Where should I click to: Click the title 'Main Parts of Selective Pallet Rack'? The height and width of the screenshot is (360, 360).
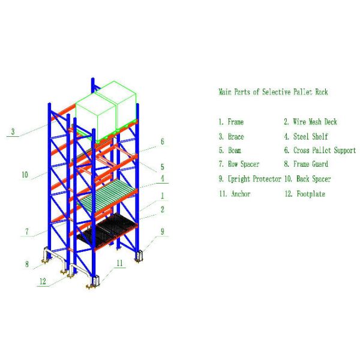[273, 92]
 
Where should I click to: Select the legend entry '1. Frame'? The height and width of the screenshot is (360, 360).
[231, 122]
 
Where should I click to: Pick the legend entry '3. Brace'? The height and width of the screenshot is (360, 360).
[231, 137]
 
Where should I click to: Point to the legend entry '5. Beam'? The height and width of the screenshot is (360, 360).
[230, 151]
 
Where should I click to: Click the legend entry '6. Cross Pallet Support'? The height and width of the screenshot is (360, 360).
[319, 151]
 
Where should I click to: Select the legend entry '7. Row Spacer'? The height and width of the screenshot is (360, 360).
[239, 164]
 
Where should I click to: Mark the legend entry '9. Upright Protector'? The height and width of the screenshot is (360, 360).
[249, 179]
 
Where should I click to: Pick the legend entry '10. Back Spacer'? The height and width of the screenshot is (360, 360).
[307, 179]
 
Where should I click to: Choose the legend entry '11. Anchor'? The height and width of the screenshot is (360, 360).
[234, 194]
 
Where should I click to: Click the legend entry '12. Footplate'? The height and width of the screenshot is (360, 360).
[305, 194]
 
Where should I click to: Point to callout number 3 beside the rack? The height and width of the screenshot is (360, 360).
[13, 131]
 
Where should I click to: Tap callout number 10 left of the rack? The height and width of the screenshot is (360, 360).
[25, 175]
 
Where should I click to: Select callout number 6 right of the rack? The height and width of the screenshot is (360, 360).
[161, 142]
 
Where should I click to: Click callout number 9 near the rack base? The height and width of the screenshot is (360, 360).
[161, 230]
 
